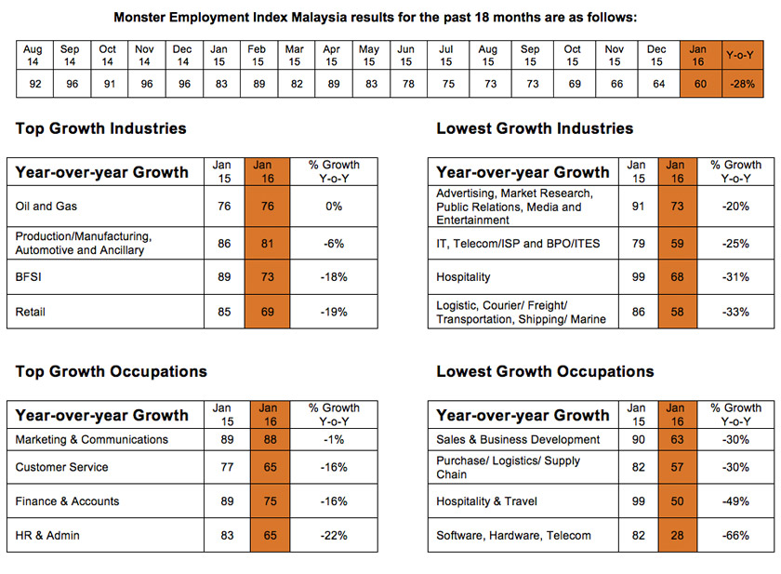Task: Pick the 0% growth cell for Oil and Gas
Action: tap(334, 206)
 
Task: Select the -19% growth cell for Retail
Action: tap(334, 313)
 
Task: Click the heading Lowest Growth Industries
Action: tap(535, 128)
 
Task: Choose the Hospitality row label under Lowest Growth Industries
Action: tap(463, 277)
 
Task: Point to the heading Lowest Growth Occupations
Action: tap(545, 371)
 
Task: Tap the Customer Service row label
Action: tap(61, 467)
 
